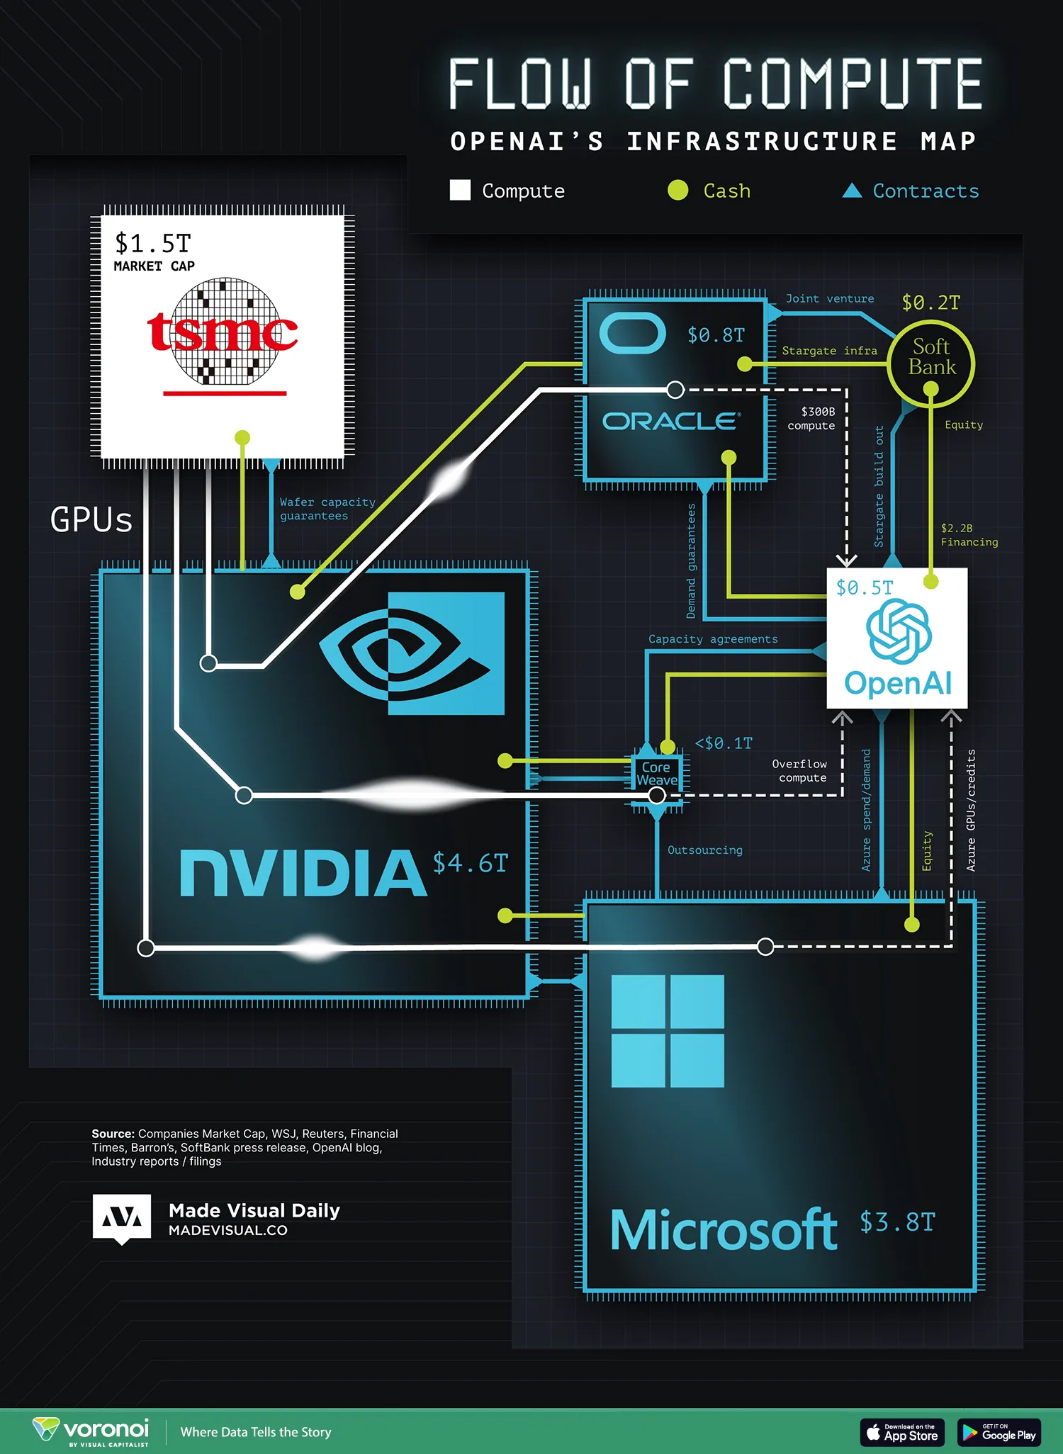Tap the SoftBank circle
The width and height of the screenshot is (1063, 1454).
[930, 363]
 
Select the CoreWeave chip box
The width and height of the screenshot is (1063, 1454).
[657, 774]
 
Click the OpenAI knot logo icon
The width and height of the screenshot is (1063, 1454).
[899, 631]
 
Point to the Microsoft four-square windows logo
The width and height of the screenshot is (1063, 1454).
[668, 1030]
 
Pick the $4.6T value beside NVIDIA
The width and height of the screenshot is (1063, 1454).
[470, 863]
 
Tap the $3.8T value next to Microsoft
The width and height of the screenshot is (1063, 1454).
[897, 1222]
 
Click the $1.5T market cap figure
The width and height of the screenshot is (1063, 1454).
[153, 243]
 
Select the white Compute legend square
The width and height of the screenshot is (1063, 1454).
[460, 190]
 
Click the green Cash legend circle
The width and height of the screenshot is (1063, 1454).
[678, 190]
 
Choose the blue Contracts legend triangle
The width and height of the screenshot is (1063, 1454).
[852, 190]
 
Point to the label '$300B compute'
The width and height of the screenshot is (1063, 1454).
[812, 418]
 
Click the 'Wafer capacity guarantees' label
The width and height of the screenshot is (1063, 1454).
[327, 509]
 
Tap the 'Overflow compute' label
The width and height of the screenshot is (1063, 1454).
[800, 770]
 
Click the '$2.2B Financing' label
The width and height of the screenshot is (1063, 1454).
[969, 535]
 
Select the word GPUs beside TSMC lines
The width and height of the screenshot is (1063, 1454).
[91, 519]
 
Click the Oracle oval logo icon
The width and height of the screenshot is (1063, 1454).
[632, 333]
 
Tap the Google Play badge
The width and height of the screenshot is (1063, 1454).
[999, 1432]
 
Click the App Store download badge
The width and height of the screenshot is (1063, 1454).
[902, 1432]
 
